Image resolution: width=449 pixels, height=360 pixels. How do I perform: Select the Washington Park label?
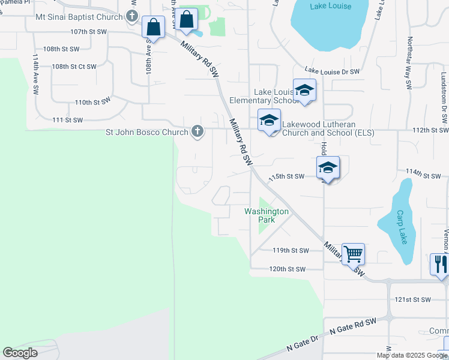(x=267, y=215)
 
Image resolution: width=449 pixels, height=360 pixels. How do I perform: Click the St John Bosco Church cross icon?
(x=197, y=131)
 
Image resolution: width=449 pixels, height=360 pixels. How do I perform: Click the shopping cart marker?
(x=353, y=253)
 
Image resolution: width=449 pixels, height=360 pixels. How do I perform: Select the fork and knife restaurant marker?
(x=440, y=265)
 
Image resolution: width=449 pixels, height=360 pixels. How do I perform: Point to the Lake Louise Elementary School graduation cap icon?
(x=304, y=91)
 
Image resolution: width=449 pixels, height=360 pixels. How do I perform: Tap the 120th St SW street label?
(x=288, y=269)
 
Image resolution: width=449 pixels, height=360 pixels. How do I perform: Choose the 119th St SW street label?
(x=290, y=250)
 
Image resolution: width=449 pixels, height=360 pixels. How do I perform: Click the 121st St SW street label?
(x=413, y=299)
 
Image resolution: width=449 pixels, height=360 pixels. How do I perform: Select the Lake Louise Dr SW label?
(x=332, y=71)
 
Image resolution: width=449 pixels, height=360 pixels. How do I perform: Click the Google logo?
(x=20, y=352)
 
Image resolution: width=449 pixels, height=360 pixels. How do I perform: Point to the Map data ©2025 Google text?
(x=412, y=355)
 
